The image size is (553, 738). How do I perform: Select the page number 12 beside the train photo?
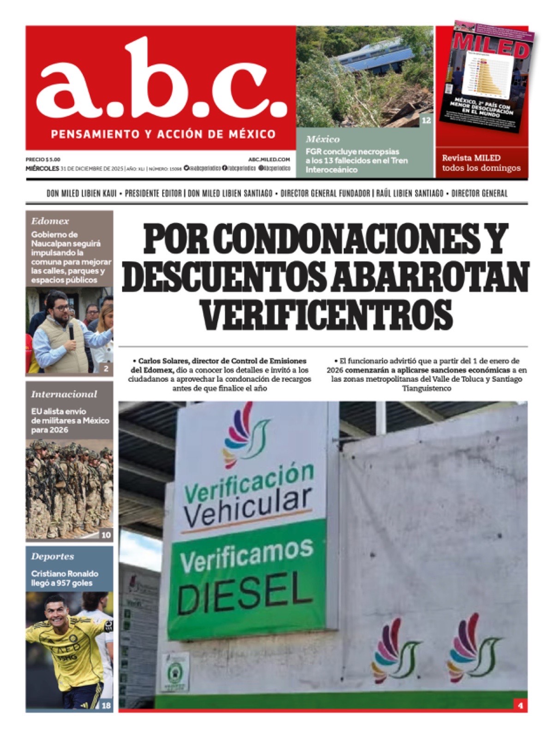[x=426, y=120]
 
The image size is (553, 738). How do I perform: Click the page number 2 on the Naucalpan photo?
[x=106, y=368]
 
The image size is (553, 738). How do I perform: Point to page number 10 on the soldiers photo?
[x=106, y=535]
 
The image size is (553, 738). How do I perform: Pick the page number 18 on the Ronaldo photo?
[x=106, y=705]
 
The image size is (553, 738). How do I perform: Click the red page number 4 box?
[x=520, y=705]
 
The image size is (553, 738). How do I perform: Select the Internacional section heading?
[x=64, y=394]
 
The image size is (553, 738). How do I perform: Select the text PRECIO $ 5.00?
[x=42, y=159]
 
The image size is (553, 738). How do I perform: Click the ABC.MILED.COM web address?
[x=269, y=159]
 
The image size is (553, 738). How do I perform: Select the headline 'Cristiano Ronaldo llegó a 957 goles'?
[x=65, y=578]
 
